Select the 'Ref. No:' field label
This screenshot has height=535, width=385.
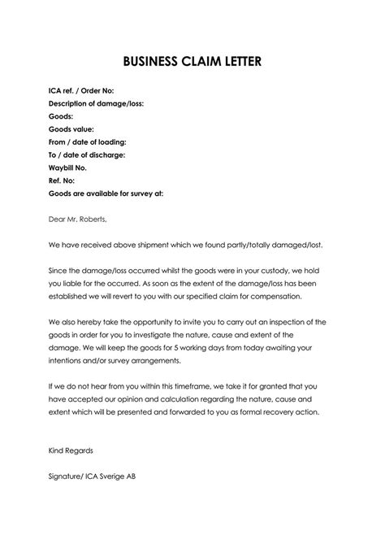click(x=63, y=181)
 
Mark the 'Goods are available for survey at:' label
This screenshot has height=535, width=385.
click(x=106, y=194)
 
